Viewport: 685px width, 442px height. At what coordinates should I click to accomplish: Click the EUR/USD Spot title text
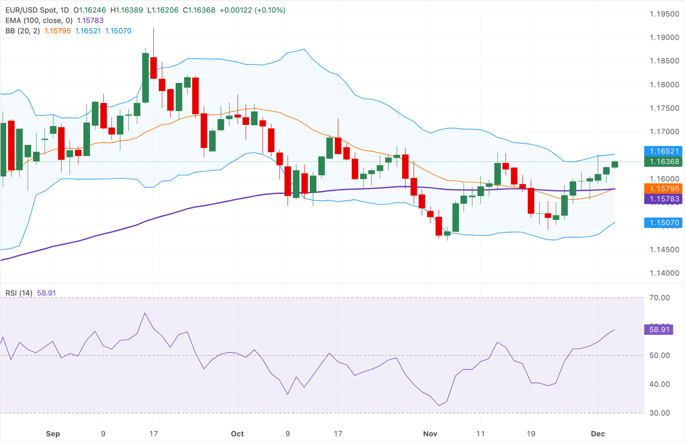[31, 10]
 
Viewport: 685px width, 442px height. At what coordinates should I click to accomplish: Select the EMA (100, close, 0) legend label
[39, 21]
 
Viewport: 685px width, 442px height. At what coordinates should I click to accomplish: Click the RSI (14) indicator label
[19, 293]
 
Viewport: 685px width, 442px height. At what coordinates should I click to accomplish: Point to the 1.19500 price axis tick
[664, 14]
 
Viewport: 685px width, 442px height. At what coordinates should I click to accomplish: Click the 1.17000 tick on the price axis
[664, 132]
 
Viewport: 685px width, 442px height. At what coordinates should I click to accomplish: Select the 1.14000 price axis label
[664, 273]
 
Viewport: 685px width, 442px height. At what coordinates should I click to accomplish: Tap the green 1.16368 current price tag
[664, 162]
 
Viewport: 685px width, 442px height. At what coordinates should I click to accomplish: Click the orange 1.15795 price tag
[664, 189]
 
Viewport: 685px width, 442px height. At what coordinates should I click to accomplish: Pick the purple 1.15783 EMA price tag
[664, 199]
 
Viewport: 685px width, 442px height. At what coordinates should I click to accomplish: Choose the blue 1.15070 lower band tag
[664, 223]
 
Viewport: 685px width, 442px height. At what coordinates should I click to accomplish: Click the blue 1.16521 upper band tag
[664, 151]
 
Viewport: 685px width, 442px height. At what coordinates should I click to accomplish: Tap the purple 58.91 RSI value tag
[659, 330]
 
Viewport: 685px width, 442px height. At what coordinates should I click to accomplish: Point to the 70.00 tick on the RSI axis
[660, 298]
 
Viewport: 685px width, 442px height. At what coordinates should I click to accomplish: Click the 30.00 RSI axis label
[660, 413]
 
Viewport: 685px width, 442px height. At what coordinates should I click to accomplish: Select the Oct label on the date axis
[237, 434]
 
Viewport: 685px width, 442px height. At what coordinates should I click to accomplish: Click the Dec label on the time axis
[598, 434]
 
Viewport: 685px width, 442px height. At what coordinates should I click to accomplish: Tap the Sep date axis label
[53, 434]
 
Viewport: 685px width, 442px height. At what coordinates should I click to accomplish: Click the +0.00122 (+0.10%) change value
[254, 10]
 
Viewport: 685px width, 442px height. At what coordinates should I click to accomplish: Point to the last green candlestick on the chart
[615, 165]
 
